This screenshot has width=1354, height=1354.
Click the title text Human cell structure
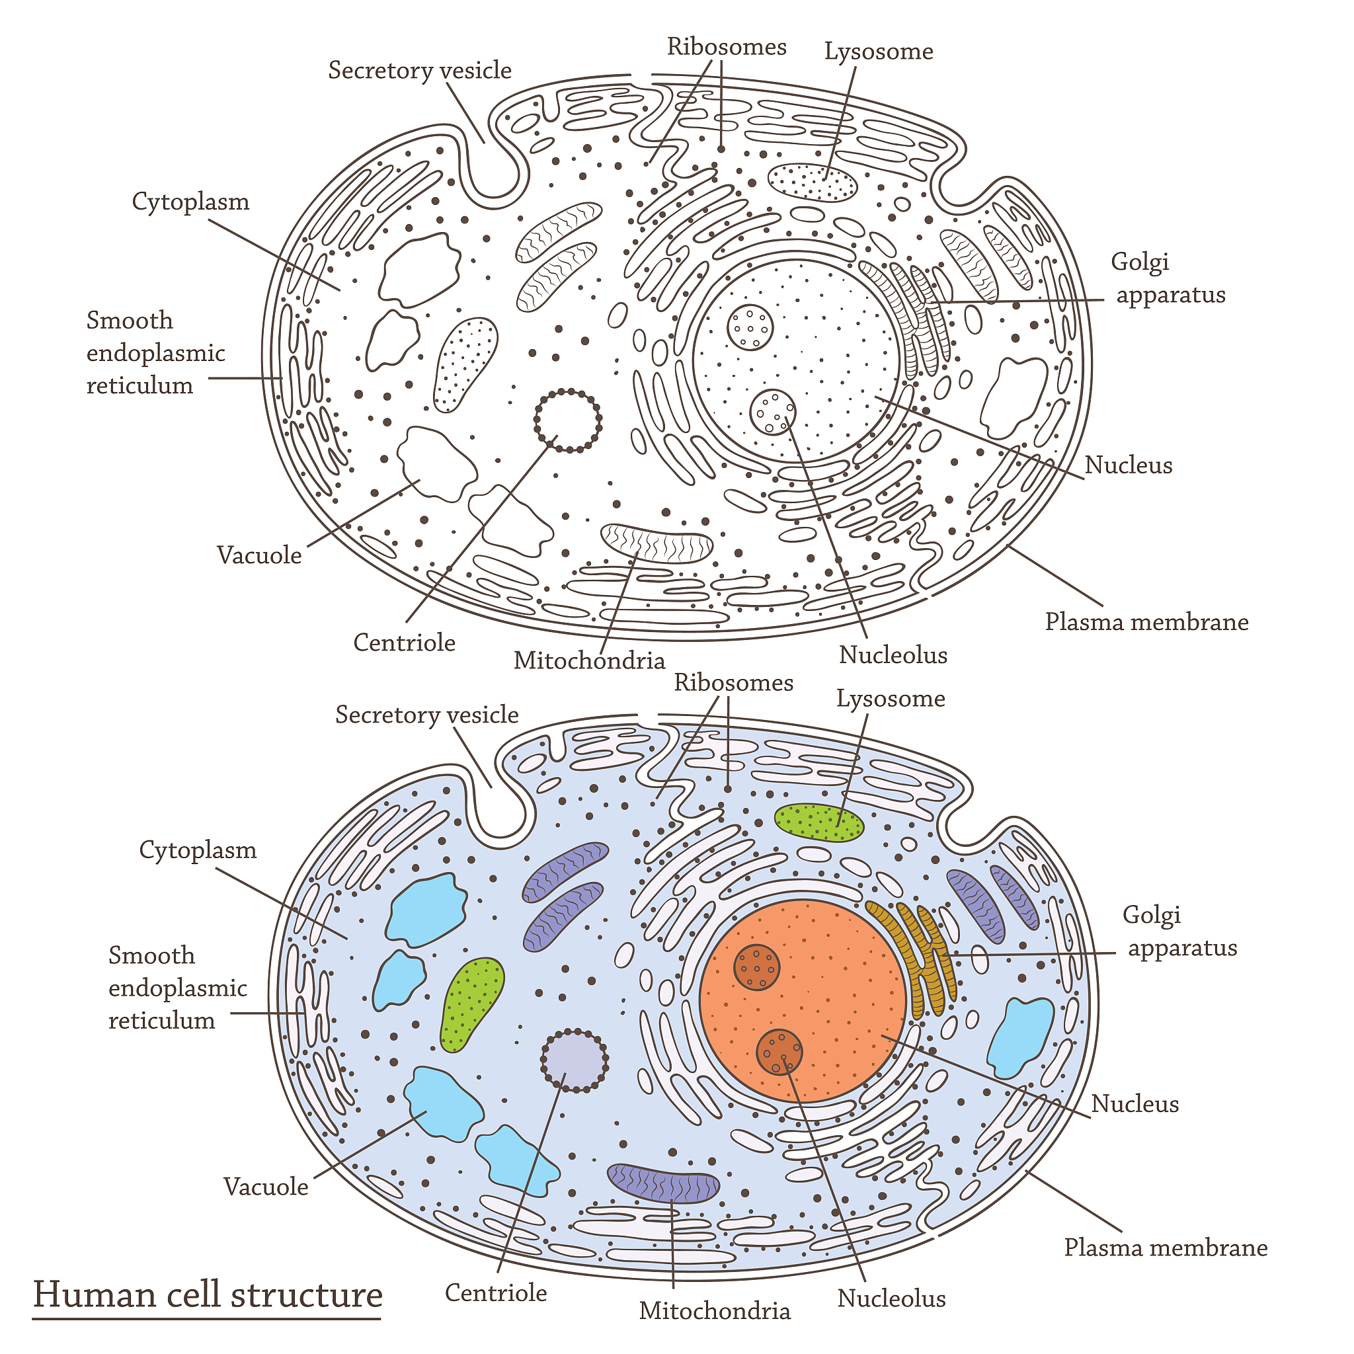(x=208, y=1294)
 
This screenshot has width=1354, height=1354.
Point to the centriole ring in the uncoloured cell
(x=568, y=420)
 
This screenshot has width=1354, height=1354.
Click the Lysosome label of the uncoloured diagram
(x=878, y=52)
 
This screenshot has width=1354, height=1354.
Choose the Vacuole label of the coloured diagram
(x=266, y=1187)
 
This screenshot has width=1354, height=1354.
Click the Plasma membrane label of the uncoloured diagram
(x=1146, y=622)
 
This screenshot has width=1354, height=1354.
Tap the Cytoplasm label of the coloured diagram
(x=198, y=850)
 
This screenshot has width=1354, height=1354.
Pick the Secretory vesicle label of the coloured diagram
(x=427, y=715)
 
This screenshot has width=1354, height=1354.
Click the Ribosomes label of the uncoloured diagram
(x=727, y=47)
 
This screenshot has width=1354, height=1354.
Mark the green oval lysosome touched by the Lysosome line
(x=818, y=821)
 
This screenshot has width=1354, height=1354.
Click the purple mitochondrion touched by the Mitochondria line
(x=663, y=1183)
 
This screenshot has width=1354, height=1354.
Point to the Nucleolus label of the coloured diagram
(x=891, y=1298)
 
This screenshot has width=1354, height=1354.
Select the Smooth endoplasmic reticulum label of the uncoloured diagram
(x=155, y=352)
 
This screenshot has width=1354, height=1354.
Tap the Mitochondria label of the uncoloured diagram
(x=588, y=660)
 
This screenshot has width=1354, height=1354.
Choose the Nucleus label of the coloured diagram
(x=1135, y=1105)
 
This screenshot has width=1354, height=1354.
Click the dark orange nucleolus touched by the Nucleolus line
(x=779, y=1051)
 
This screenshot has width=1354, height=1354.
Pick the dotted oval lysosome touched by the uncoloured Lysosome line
(x=813, y=182)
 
